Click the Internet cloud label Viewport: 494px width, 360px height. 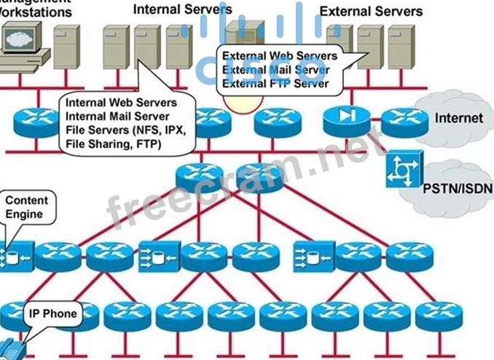[x=458, y=118]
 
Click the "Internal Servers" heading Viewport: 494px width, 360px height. [x=183, y=9]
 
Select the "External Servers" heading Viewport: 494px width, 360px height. [x=371, y=11]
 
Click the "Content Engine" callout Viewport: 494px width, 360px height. [x=26, y=208]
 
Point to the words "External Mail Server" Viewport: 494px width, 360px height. [x=275, y=70]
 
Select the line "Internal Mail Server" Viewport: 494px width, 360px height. [x=117, y=117]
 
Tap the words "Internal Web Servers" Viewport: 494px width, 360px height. [x=121, y=103]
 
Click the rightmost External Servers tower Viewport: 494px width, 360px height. [x=400, y=47]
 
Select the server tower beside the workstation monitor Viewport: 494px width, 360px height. [x=66, y=45]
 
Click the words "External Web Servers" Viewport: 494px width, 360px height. [x=280, y=56]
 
